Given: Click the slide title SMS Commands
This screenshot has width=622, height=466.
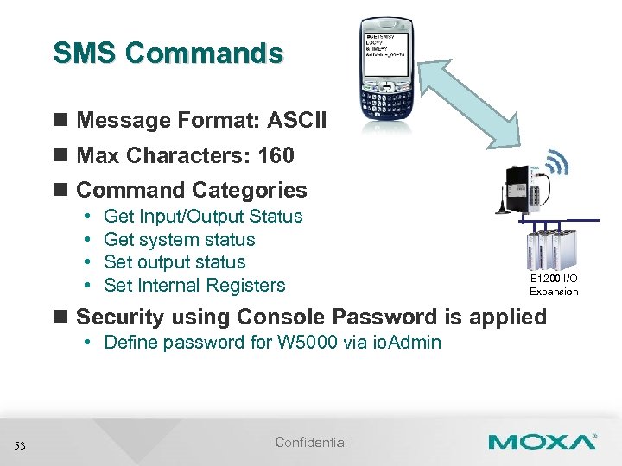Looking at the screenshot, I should point(168,54).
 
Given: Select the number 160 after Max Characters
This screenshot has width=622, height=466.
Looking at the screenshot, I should point(275,156).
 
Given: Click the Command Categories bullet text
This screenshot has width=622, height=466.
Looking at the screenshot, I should point(192,191).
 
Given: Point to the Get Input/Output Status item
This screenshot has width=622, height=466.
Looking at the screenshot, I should point(203,217).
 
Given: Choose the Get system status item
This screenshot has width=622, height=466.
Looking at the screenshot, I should point(179,240).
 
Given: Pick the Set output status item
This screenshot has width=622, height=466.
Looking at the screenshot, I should point(175,262).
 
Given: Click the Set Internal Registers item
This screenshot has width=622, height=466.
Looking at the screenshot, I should point(194,286).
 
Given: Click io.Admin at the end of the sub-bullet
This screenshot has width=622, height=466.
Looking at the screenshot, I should point(406,343).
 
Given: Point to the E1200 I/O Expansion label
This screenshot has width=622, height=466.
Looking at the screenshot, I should point(554,285).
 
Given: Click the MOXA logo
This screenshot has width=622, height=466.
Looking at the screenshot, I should point(542,442).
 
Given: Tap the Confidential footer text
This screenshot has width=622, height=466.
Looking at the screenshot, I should point(311,443).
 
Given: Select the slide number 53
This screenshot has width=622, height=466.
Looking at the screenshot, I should point(20,445).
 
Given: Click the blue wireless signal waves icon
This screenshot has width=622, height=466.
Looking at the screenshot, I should point(559,163).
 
